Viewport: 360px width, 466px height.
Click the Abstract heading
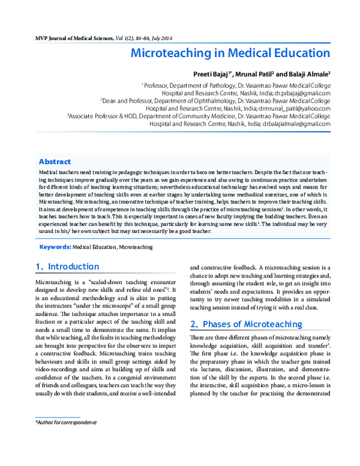pos(55,162)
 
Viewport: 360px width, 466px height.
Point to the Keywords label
pos(55,247)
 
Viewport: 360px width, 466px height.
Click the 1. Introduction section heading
pos(67,267)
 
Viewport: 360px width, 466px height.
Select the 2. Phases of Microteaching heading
pos(246,324)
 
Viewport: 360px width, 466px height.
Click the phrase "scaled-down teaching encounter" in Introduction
pos(128,281)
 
